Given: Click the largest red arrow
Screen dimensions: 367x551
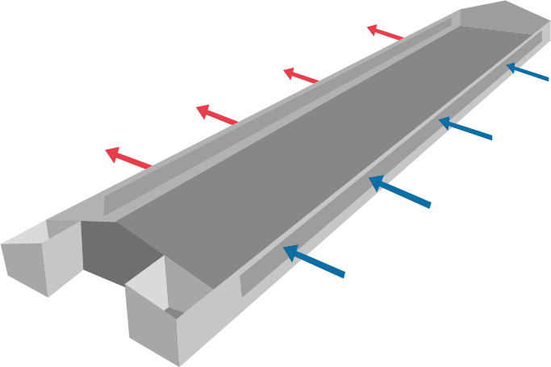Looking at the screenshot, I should (x=128, y=157).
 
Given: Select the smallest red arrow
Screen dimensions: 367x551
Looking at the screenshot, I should (x=385, y=33).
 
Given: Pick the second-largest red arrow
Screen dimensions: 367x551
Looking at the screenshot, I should (x=217, y=115).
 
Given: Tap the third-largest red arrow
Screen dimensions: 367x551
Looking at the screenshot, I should (x=301, y=77).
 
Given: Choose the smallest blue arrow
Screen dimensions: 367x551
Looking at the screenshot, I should (x=528, y=73).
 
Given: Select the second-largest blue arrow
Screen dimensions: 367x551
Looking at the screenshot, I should (x=399, y=192).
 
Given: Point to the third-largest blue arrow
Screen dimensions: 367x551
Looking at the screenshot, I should (x=465, y=129).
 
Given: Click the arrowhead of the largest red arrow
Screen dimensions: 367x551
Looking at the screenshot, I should (x=112, y=152).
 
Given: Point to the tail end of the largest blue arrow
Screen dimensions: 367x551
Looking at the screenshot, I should (x=344, y=277).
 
